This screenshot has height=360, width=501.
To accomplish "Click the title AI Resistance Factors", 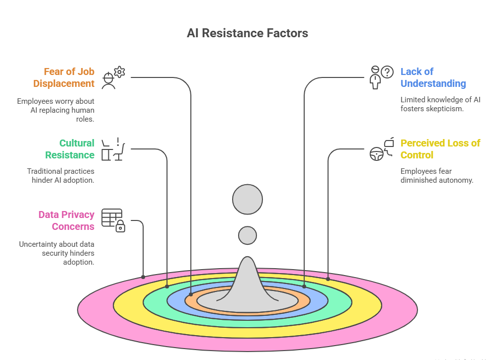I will coord(247,33).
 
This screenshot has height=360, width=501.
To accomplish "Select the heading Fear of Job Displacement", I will coord(69,77).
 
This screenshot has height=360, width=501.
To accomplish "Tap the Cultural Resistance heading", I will coord(69,149).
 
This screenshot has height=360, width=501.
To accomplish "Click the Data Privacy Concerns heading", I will coord(66,220).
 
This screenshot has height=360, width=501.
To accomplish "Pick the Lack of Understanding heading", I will coord(433,77).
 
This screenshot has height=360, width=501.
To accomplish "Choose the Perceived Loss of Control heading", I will coord(440,149).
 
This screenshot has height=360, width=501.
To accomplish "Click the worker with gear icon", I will coord(113,77).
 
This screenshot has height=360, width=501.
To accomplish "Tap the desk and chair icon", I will coord(113,149).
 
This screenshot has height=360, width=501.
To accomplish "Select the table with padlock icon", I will coord(113,220).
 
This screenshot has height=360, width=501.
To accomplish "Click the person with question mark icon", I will coord(381,77).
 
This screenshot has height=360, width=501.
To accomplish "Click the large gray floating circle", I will coord(247,200).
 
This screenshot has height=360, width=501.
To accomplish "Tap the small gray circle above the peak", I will coord(247,235).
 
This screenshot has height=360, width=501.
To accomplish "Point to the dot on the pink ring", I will coord(143,277).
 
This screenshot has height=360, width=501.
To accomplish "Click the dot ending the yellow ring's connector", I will coord(328,279).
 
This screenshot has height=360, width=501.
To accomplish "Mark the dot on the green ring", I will coord(167,287).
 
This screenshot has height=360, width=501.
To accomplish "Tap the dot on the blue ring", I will coord(304,287).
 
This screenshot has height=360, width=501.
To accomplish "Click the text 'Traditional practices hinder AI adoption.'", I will coord(60,176).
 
